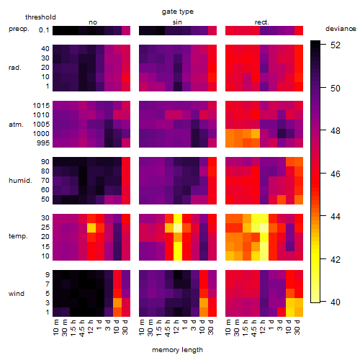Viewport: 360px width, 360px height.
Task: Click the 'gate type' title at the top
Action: (x=178, y=12)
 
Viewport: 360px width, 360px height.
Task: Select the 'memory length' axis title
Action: (x=177, y=350)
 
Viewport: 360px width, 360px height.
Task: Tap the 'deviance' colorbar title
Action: (x=341, y=29)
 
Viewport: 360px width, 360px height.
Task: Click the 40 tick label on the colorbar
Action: (x=336, y=302)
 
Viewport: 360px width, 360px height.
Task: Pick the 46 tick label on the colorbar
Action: (x=336, y=174)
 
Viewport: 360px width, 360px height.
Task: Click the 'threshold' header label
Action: (x=40, y=17)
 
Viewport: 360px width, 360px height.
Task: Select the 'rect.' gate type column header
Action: (x=262, y=22)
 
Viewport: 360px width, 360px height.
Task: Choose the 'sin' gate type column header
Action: (x=177, y=22)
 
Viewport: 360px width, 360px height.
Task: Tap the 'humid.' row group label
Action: (x=20, y=181)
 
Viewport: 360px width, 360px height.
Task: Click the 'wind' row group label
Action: (x=17, y=294)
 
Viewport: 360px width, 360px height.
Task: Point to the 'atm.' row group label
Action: (x=16, y=125)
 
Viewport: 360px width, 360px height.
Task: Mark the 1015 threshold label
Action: (x=41, y=106)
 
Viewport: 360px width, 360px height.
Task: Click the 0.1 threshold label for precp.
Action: (x=44, y=30)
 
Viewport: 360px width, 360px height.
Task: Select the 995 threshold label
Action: (x=43, y=143)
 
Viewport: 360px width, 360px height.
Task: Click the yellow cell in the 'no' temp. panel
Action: (x=91, y=228)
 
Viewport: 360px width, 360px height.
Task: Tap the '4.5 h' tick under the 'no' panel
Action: (x=82, y=328)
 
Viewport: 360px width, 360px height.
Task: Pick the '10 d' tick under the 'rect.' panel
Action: (x=289, y=327)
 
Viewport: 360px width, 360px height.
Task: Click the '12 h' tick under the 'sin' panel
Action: (x=176, y=327)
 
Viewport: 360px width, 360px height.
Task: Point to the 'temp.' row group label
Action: (x=18, y=236)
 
